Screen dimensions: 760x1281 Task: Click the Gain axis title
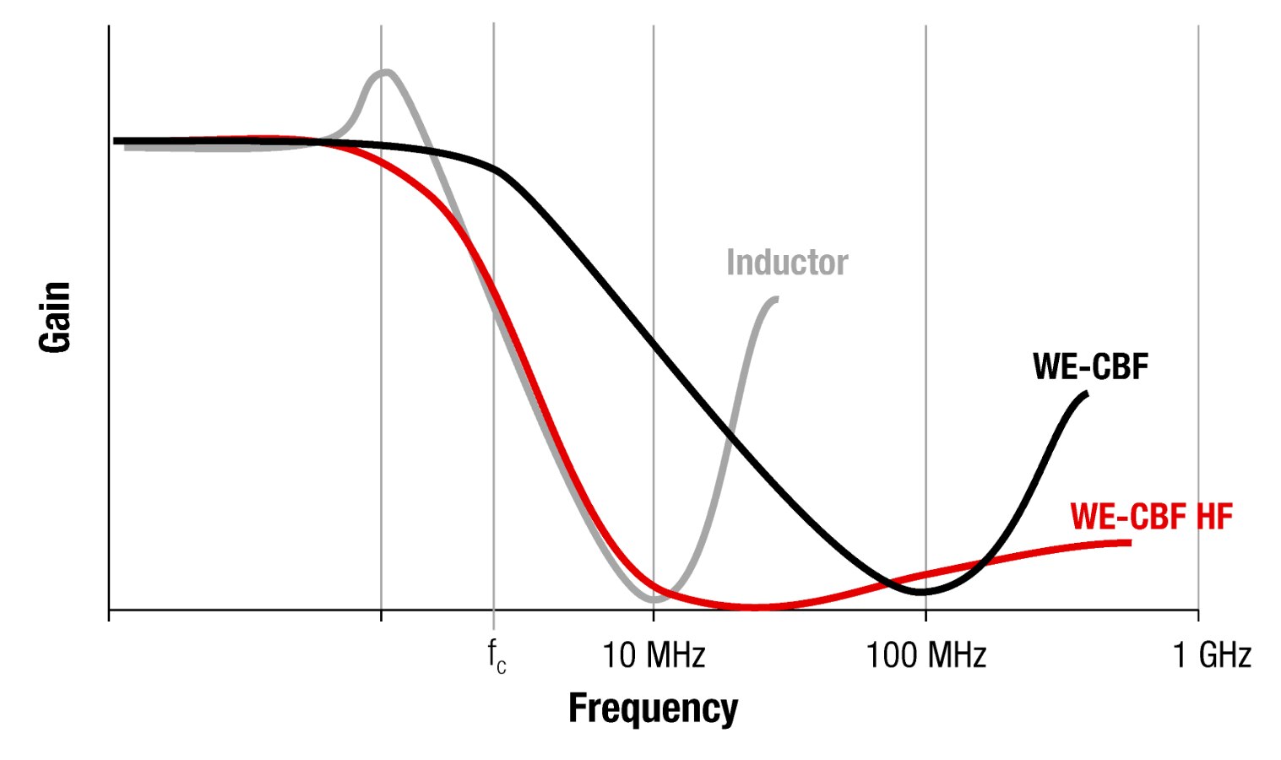tap(55, 317)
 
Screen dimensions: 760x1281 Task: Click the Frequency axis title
tap(653, 708)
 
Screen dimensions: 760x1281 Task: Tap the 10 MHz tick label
tap(653, 655)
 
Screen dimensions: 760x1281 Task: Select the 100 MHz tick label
tap(925, 655)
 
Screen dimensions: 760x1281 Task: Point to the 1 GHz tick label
tap(1212, 655)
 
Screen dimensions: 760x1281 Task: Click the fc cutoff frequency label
tap(497, 657)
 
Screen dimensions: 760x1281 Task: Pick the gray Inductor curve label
tap(787, 263)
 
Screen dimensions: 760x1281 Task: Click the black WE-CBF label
tap(1090, 366)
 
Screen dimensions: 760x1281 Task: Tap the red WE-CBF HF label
tap(1151, 516)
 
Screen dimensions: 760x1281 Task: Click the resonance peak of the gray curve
tap(386, 73)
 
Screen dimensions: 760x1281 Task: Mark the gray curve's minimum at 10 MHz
tap(654, 599)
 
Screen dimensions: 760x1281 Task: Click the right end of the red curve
tap(1128, 542)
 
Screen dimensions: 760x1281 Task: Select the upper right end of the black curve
tap(1085, 394)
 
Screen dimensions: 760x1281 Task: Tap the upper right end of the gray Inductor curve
tap(775, 299)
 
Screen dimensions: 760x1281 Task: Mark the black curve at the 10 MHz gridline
tap(653, 340)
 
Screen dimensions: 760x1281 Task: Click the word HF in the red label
tap(1214, 516)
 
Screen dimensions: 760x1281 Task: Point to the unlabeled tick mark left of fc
tap(381, 616)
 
